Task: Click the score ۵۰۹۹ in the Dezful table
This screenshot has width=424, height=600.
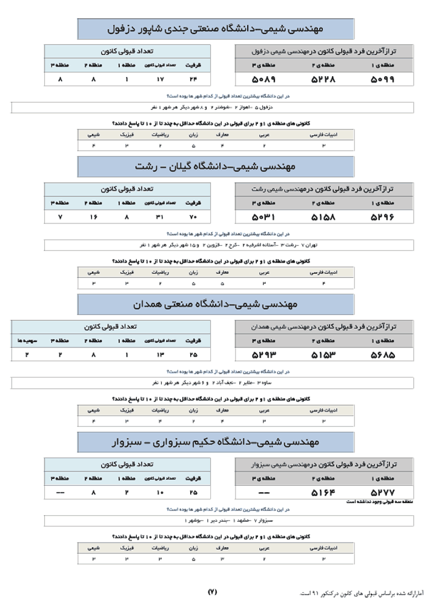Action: pyautogui.click(x=382, y=79)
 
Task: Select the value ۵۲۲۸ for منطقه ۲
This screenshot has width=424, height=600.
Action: pyautogui.click(x=323, y=79)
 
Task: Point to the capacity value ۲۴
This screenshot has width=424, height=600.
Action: pyautogui.click(x=194, y=79)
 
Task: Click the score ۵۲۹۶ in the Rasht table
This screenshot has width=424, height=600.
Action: pyautogui.click(x=382, y=216)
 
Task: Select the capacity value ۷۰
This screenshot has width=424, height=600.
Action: pyautogui.click(x=194, y=216)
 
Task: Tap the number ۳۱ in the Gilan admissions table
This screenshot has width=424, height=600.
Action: pyautogui.click(x=160, y=216)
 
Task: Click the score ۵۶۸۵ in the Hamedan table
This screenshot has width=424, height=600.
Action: pyautogui.click(x=382, y=354)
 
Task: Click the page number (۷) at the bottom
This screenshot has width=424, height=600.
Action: pyautogui.click(x=212, y=591)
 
